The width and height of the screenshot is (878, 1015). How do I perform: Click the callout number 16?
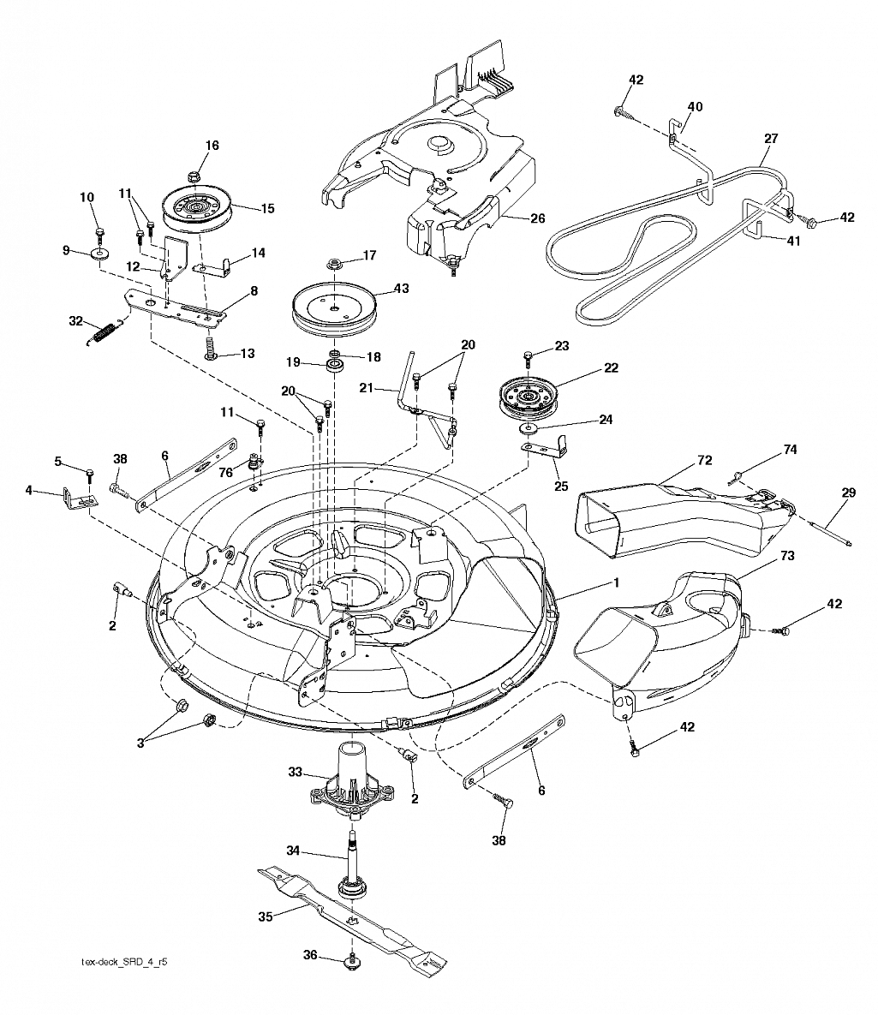[212, 146]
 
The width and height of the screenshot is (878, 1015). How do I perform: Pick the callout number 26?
[537, 218]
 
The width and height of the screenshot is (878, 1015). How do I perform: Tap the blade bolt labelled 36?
[352, 961]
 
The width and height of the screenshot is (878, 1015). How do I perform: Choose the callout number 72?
[704, 460]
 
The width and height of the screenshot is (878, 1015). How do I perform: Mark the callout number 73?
[787, 556]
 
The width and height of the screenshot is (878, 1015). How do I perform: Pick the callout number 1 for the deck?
[617, 582]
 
